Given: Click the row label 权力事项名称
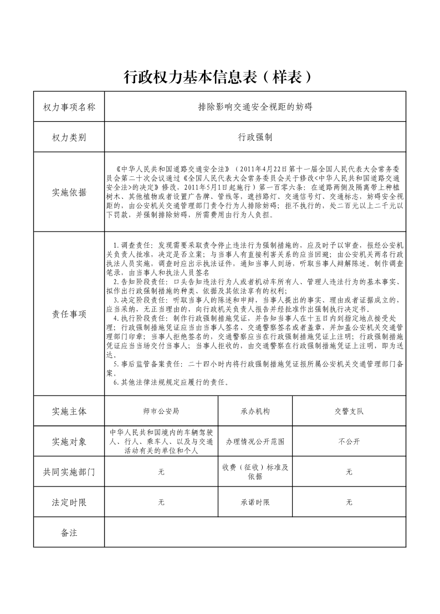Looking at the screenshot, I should (69, 107).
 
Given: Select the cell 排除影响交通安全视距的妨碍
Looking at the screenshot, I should (255, 107).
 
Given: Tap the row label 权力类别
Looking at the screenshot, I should (69, 137).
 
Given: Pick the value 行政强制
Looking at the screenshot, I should (255, 137).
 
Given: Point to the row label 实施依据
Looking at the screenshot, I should (69, 192).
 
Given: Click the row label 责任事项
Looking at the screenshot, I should (69, 314).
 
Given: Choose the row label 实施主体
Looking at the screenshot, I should (69, 411).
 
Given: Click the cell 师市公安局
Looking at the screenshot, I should (161, 411).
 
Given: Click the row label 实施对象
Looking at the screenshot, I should (69, 442).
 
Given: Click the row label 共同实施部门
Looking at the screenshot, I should (69, 472).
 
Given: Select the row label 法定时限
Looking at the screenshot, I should (69, 503).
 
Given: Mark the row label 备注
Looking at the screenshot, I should (69, 533).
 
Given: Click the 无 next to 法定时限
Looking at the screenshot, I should (161, 503).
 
